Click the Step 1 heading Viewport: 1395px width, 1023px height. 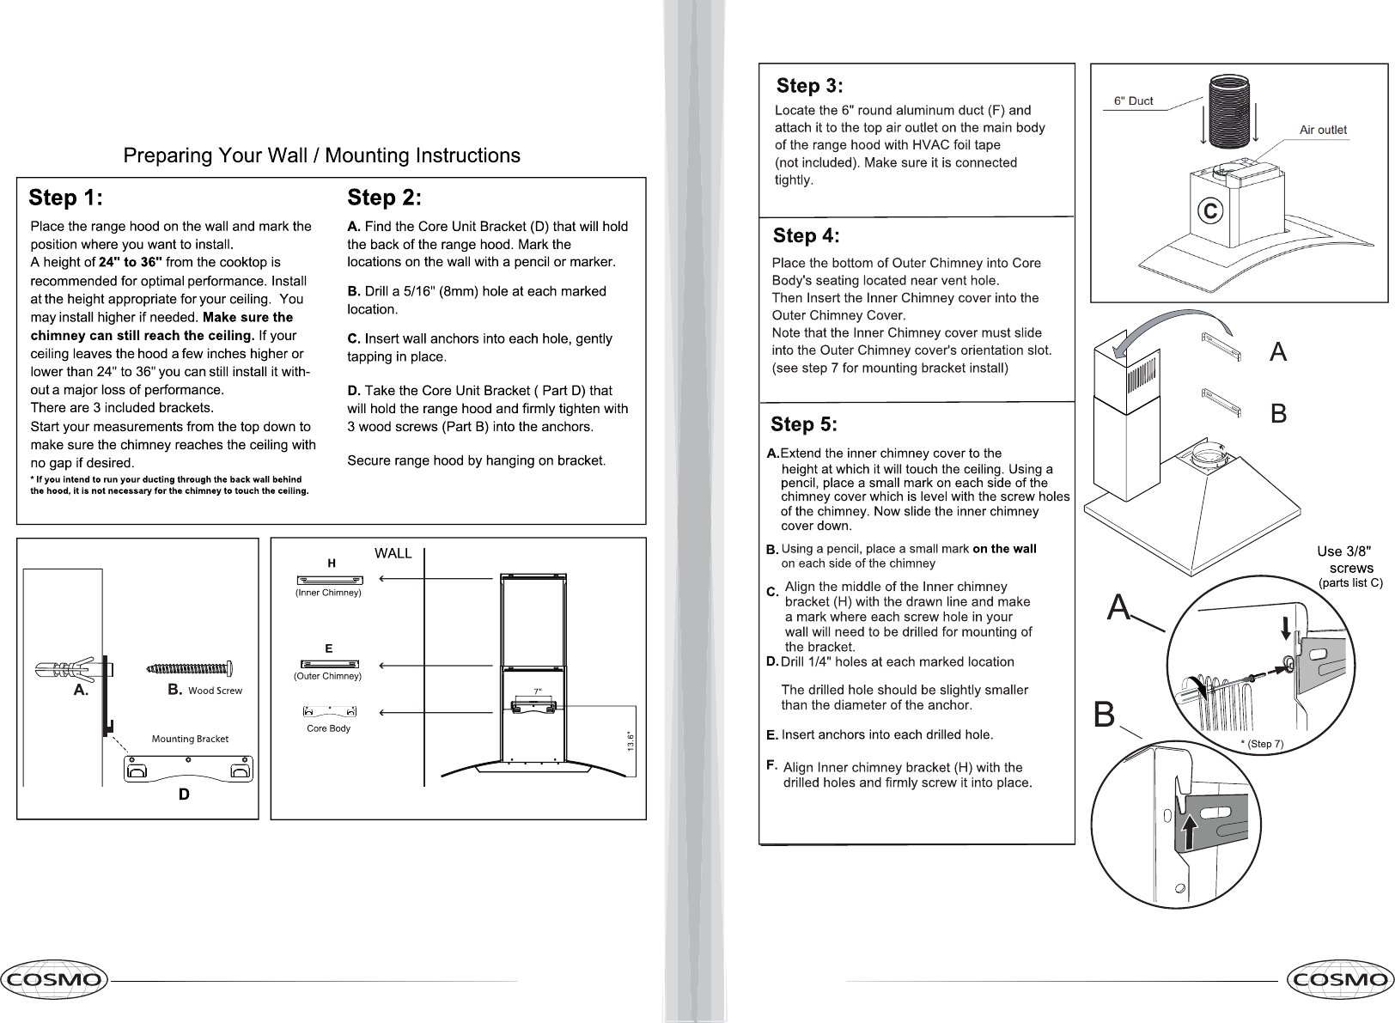tap(66, 198)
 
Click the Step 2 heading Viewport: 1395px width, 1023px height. tap(384, 198)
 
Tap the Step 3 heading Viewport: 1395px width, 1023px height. tap(809, 86)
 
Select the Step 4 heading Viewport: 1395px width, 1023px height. tap(806, 235)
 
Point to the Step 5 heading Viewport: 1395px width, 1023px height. tap(804, 424)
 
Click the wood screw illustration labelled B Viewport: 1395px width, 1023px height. tap(190, 668)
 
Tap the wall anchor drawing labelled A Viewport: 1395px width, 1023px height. tap(65, 667)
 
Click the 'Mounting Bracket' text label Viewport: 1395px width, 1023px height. tap(190, 739)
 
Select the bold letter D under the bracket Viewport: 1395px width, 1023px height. tap(183, 795)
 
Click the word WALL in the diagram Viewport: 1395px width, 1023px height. tap(393, 553)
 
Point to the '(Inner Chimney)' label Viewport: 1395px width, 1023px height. tap(329, 593)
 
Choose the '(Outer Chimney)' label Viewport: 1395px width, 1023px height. tap(328, 676)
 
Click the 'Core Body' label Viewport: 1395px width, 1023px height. tap(328, 728)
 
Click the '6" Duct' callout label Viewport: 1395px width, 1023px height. tap(1133, 100)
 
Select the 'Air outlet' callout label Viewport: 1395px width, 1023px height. tap(1323, 130)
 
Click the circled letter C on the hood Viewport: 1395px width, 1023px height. tap(1210, 210)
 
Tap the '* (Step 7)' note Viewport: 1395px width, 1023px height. tap(1261, 744)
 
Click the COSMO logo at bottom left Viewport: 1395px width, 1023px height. tap(53, 979)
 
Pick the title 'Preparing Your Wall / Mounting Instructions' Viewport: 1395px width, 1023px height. tap(321, 155)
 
